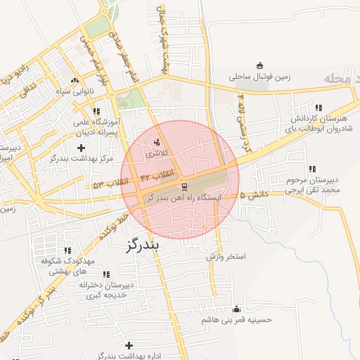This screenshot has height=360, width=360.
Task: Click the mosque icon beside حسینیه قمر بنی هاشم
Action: (236, 309)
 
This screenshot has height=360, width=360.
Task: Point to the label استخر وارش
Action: (226, 257)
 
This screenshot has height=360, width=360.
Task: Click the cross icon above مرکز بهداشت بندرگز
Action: (82, 148)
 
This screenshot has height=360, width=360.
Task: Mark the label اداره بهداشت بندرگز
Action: (129, 356)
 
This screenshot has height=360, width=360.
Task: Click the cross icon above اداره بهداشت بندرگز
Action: (129, 345)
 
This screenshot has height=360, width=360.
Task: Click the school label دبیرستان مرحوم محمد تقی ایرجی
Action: (312, 184)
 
